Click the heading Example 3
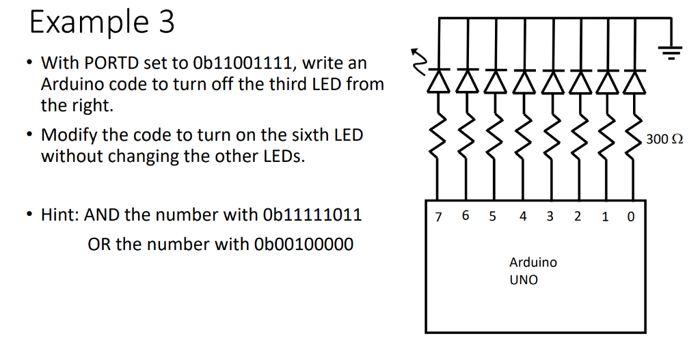point(102,22)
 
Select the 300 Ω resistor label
point(664,139)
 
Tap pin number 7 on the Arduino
point(438,217)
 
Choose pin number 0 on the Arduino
point(630,217)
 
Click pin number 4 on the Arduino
point(523,217)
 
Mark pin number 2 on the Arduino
point(578,217)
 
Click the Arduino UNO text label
point(533,271)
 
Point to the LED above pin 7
point(439,80)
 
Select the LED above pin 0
point(634,80)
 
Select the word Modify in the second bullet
point(66,135)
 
